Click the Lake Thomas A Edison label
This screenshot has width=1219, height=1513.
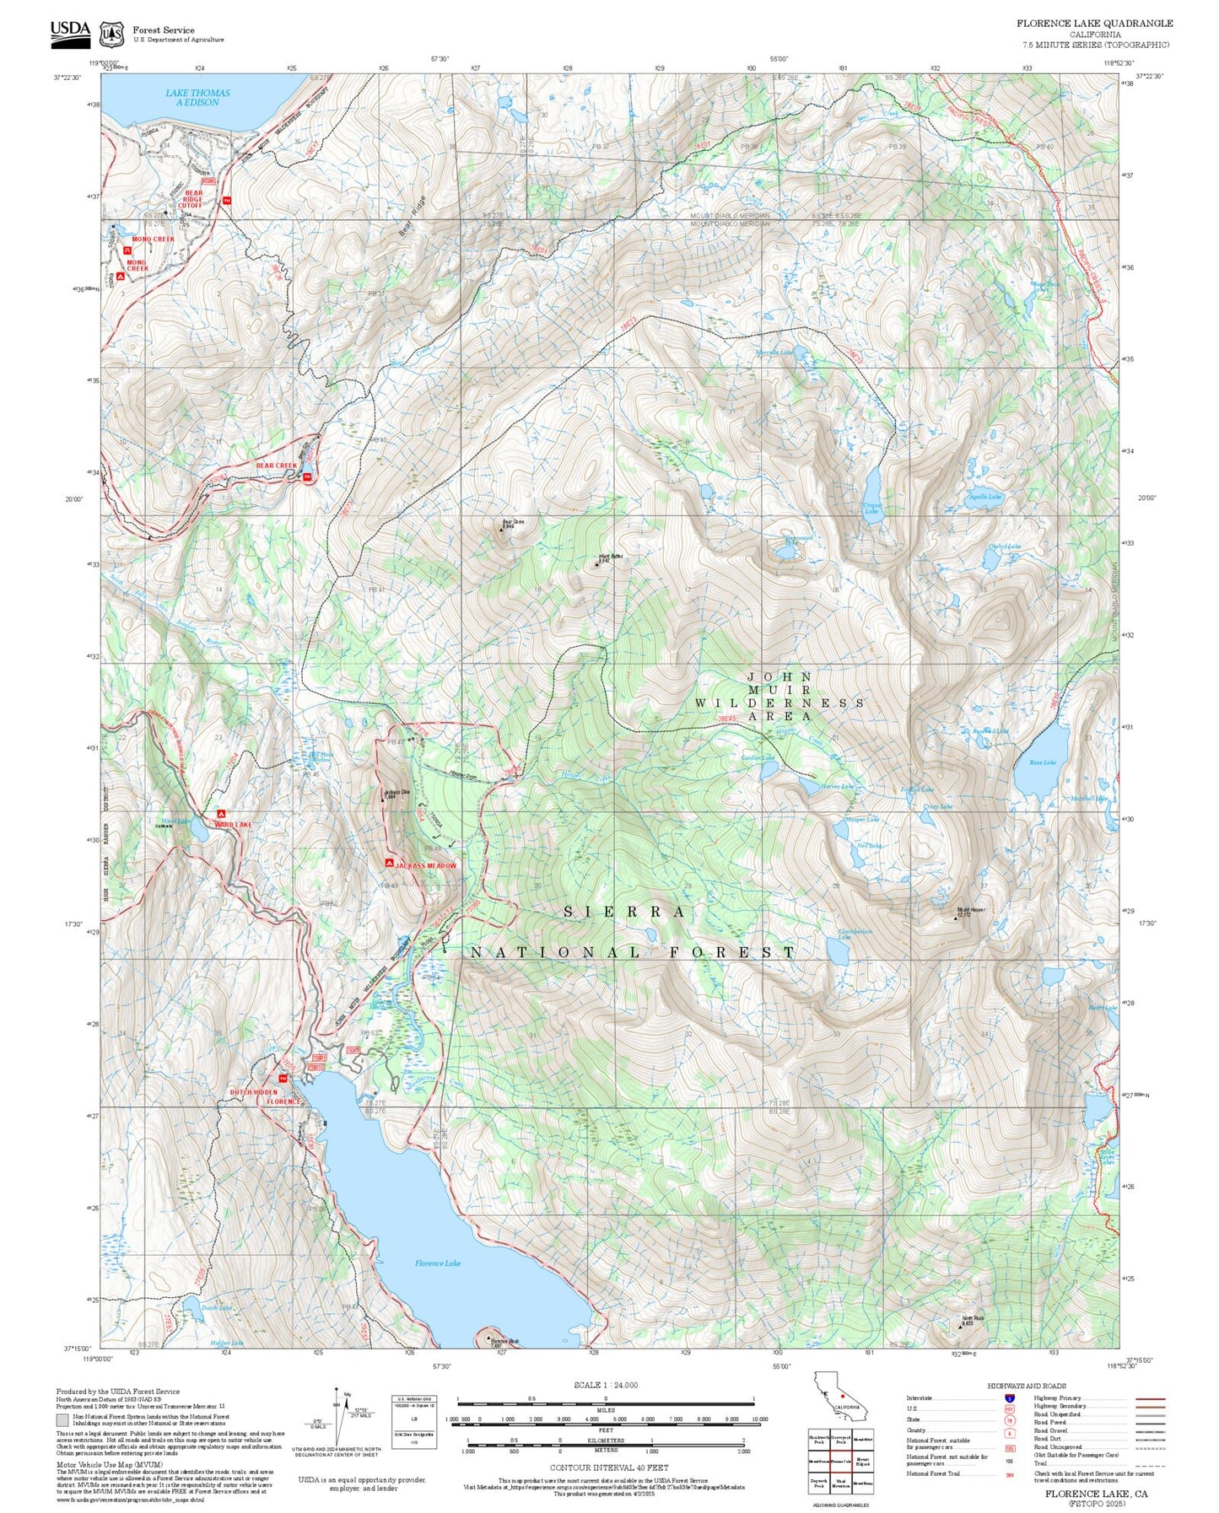[197, 98]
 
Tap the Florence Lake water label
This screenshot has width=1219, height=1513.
[438, 1263]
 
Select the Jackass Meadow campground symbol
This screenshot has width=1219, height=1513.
[389, 864]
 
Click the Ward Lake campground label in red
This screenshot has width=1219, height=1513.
[233, 824]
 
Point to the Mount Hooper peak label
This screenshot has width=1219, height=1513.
[970, 912]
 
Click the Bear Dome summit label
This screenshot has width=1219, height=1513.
[513, 523]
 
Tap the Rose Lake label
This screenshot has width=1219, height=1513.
[1042, 762]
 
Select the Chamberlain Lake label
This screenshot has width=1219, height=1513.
[855, 934]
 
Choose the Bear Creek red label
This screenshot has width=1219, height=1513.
[277, 466]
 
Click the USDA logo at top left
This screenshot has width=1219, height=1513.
[70, 30]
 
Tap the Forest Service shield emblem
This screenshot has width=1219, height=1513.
[111, 34]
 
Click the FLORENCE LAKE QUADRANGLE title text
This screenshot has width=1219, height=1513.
[1094, 23]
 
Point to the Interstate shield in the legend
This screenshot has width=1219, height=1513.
[1009, 1398]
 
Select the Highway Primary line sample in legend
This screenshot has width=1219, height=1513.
[1150, 1398]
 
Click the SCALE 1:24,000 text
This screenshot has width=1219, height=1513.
[605, 1385]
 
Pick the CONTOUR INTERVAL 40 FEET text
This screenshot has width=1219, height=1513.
[608, 1468]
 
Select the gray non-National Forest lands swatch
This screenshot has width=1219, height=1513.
[62, 1421]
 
